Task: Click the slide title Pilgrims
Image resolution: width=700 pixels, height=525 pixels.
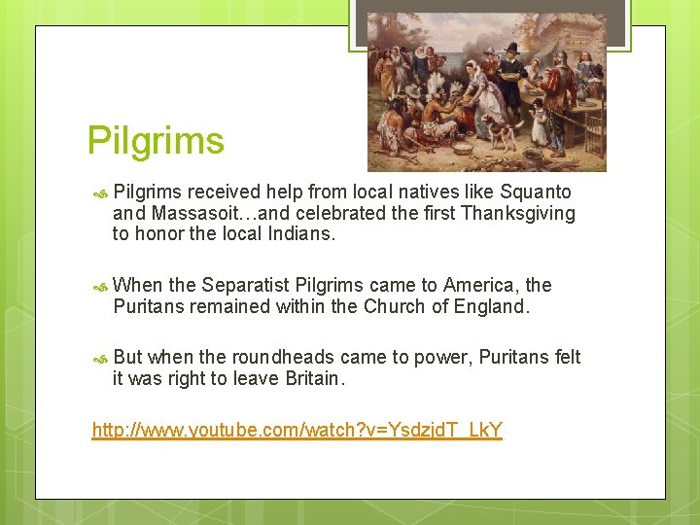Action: coord(156,141)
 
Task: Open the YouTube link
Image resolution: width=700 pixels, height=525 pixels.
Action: coord(297,430)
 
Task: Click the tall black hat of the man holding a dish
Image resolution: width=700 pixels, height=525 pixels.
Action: coord(512,47)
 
